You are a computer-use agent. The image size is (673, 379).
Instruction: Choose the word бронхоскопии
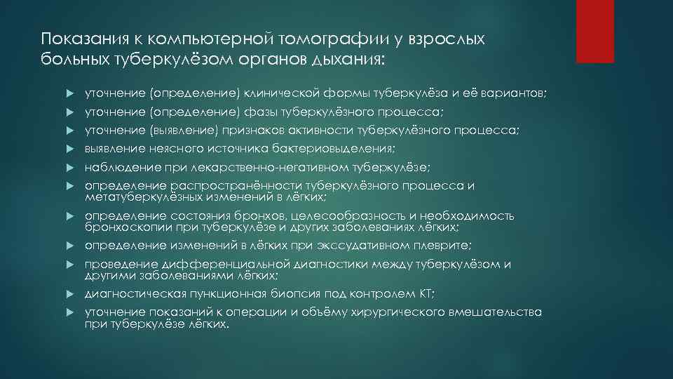(x=126, y=227)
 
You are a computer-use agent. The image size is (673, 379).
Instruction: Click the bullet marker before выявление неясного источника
(x=72, y=149)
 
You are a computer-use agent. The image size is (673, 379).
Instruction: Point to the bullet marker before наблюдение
(x=72, y=167)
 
